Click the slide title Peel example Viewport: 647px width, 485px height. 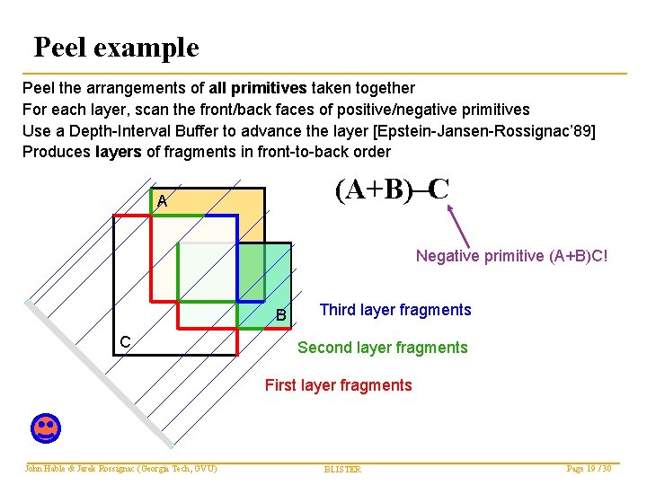(x=116, y=47)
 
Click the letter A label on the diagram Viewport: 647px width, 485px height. (x=162, y=201)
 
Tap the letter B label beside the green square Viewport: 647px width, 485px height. (x=281, y=315)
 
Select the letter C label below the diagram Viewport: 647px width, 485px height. (x=127, y=341)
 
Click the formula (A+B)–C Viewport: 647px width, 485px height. (x=392, y=190)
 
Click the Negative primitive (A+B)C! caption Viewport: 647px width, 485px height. (x=511, y=256)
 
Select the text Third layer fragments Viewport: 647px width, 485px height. (x=394, y=310)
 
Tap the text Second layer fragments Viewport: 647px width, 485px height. (x=382, y=348)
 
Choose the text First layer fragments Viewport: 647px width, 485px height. (x=338, y=385)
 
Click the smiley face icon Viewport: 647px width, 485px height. (x=45, y=428)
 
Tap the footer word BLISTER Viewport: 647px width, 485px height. (x=342, y=470)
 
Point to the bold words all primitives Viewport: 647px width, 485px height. (x=259, y=88)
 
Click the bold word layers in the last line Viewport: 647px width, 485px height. (x=118, y=152)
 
